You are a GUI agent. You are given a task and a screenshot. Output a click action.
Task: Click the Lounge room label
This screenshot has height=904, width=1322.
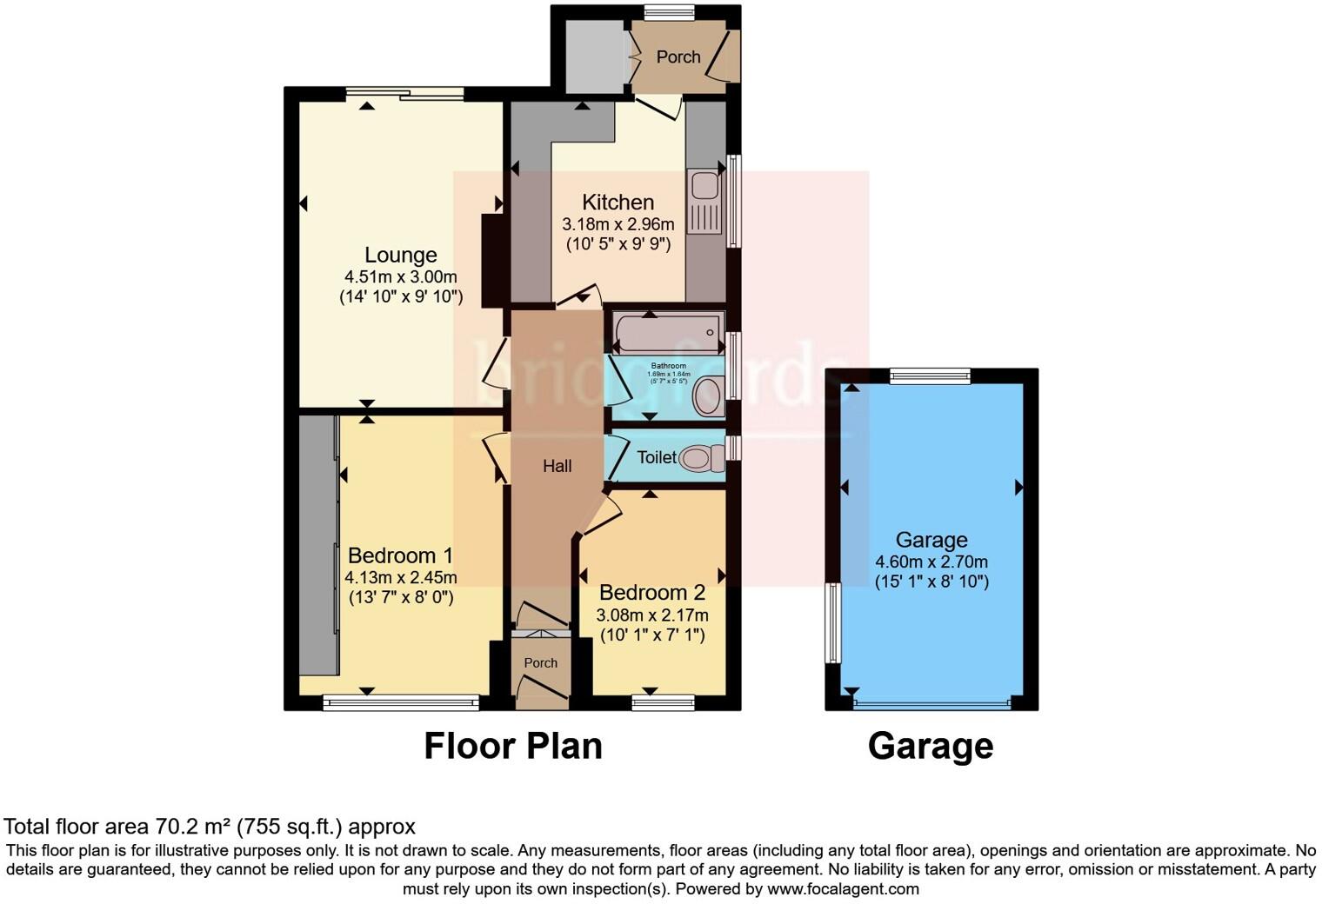tap(400, 256)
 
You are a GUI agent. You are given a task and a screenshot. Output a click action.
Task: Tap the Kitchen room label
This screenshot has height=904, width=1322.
tap(618, 203)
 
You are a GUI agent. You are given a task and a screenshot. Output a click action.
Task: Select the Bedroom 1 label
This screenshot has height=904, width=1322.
tap(400, 555)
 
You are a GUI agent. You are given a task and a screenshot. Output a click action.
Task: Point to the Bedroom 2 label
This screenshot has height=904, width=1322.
tap(652, 593)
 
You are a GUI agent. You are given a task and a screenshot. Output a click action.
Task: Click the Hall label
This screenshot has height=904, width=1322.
tap(557, 466)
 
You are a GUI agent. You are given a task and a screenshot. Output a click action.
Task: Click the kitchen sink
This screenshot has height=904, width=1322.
tap(704, 202)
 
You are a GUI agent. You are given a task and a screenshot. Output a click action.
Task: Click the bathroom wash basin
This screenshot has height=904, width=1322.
tap(708, 395)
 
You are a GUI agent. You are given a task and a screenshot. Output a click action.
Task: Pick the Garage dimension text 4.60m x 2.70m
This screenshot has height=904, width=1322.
tap(931, 562)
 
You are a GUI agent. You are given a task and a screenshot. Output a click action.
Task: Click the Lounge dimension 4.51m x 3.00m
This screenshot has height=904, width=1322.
tap(400, 277)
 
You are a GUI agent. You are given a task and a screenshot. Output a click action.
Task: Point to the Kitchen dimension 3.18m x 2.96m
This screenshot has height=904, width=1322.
tap(618, 224)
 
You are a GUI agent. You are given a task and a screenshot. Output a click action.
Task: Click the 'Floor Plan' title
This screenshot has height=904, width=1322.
tap(513, 746)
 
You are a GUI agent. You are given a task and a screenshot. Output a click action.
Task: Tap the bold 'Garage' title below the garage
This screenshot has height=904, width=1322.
tap(931, 746)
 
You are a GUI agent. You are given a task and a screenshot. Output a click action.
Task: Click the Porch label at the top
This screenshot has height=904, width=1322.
tap(678, 56)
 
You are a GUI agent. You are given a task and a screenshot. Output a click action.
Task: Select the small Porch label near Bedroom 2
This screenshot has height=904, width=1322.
tap(540, 663)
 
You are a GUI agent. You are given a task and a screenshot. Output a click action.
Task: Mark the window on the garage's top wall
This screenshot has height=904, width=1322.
tap(930, 376)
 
